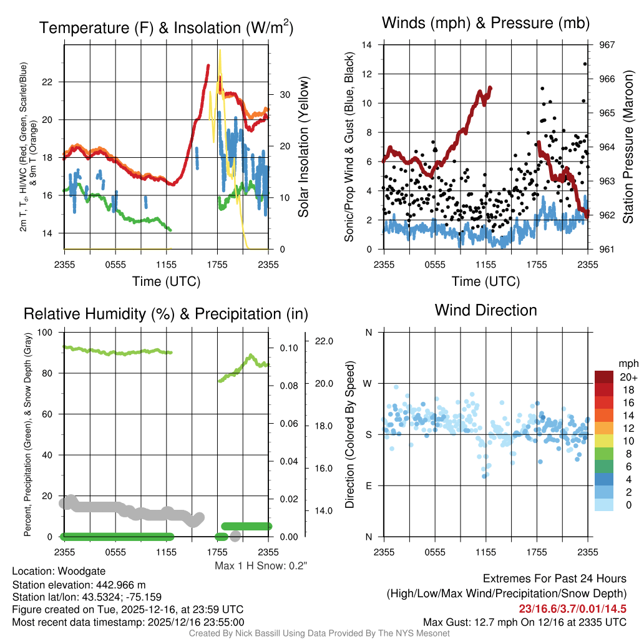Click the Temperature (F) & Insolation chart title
coord(166,28)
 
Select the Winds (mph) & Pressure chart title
coord(486,24)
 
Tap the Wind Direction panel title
coord(485,310)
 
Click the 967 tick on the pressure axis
coord(606,45)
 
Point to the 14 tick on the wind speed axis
coord(368,45)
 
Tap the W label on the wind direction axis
coord(369,384)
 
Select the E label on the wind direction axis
coord(369,485)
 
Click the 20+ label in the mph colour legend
coord(628,378)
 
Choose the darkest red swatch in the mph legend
coord(604,376)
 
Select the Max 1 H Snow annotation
coord(261,566)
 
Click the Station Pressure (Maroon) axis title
coord(628,147)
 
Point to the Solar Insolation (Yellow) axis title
coord(304,147)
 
